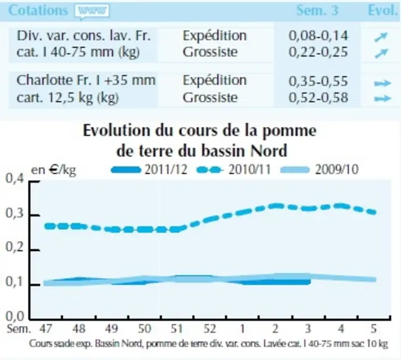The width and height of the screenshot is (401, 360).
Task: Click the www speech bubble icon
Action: tap(92, 11)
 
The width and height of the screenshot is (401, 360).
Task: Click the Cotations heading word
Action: tap(38, 11)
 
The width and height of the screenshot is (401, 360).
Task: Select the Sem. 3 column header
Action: tap(317, 11)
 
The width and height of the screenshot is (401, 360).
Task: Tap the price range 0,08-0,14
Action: tap(318, 36)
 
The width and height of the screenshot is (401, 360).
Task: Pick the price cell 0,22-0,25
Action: tap(318, 52)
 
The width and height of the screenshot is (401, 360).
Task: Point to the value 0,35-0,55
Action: tap(318, 81)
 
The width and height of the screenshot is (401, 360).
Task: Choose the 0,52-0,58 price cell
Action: tap(318, 97)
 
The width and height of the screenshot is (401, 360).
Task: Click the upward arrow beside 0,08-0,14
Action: tap(381, 37)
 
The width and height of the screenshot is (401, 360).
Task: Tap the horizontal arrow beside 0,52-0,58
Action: tap(383, 99)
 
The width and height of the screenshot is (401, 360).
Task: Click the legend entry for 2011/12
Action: tap(149, 169)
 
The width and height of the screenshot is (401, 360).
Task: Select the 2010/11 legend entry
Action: tap(234, 169)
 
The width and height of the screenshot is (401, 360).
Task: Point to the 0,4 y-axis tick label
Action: tap(15, 178)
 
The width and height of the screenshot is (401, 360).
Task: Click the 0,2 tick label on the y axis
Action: tap(15, 247)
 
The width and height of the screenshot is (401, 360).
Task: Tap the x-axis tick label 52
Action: tap(210, 329)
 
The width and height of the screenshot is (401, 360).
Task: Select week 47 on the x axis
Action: tap(46, 329)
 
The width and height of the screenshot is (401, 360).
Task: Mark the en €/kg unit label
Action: tap(54, 170)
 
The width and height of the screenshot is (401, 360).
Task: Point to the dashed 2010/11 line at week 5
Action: tap(374, 212)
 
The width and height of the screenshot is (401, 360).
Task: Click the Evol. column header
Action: tap(383, 11)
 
